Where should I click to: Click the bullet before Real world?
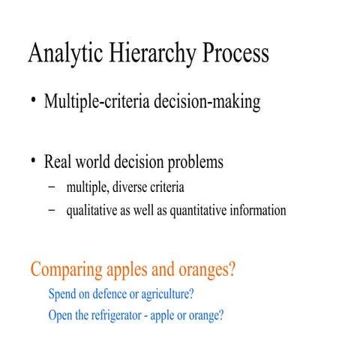point(34,160)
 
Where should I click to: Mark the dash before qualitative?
point(51,211)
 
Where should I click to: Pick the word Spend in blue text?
point(62,294)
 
